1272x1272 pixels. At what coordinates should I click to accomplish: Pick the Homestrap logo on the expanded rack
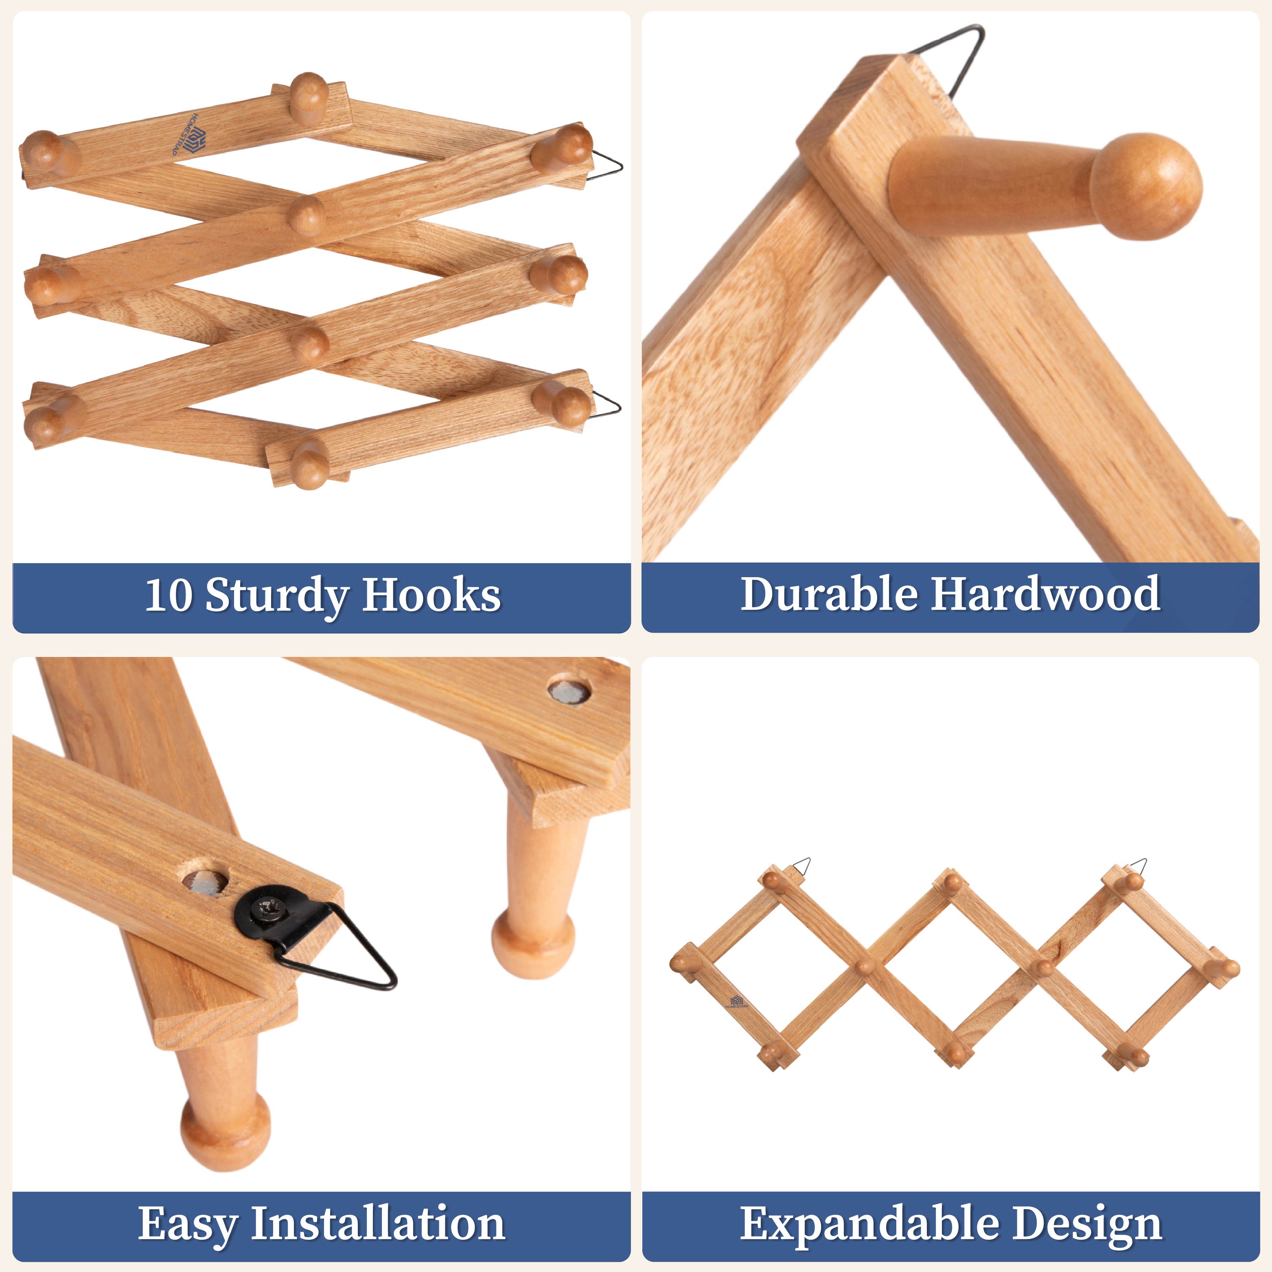click(736, 1002)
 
